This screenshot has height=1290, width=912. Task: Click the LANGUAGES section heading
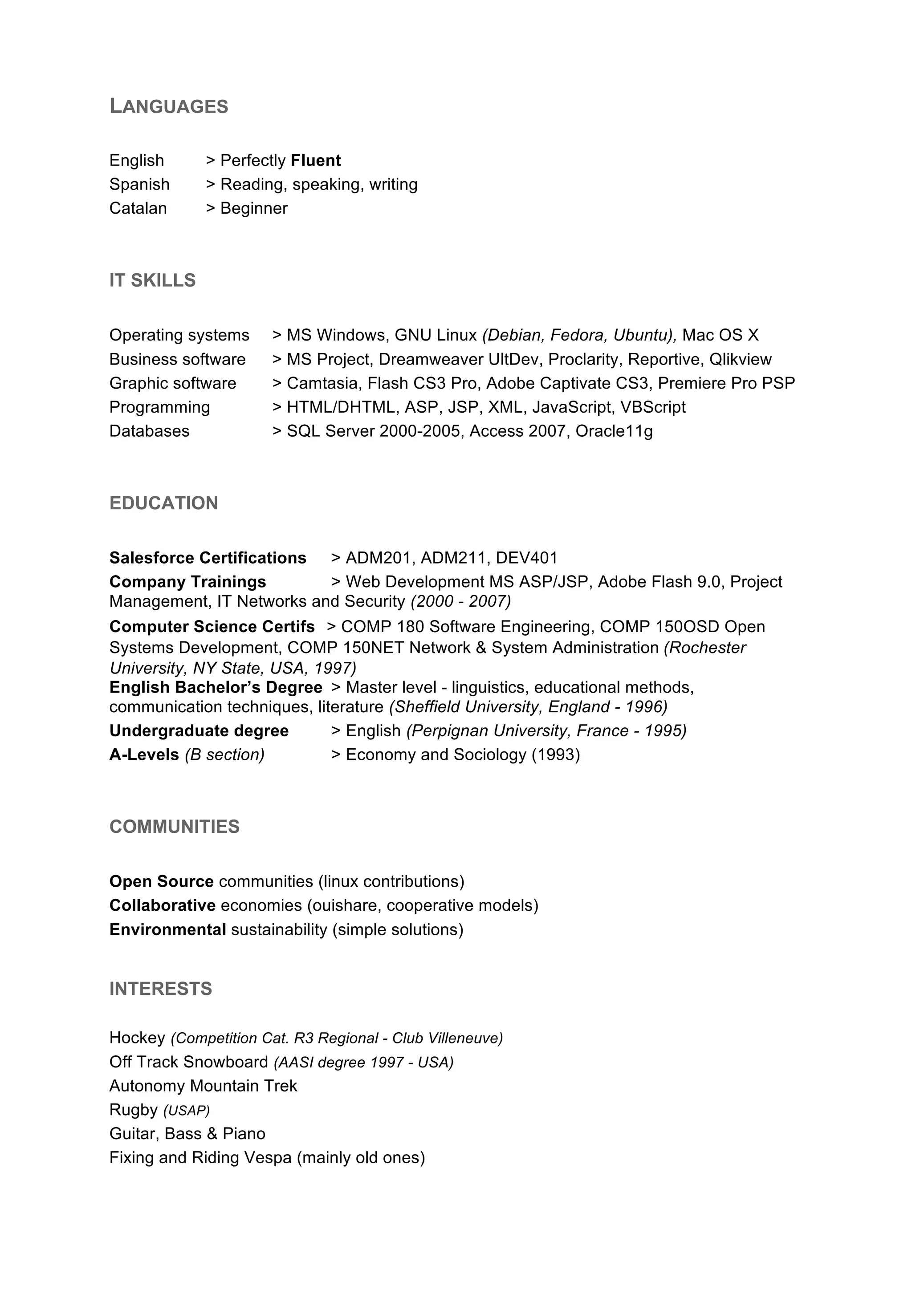pos(169,106)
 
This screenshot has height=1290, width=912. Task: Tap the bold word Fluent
pos(316,161)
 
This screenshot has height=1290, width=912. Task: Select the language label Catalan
pos(138,208)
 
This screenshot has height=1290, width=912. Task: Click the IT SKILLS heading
pos(152,280)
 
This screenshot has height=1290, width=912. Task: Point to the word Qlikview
pos(740,360)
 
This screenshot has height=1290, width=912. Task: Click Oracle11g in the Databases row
pos(614,431)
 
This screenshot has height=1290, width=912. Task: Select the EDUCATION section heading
pos(163,503)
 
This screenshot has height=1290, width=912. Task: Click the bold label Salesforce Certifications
pos(208,558)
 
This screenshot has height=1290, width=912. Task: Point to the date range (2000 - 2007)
pos(461,602)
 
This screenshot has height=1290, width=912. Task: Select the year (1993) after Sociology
pos(556,755)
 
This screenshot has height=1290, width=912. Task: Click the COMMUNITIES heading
pos(174,827)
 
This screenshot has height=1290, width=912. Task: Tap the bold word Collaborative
pos(163,906)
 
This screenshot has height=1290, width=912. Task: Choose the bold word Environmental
pos(167,930)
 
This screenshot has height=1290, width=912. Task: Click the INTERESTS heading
pos(161,989)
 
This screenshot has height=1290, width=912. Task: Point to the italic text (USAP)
pos(187,1111)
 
